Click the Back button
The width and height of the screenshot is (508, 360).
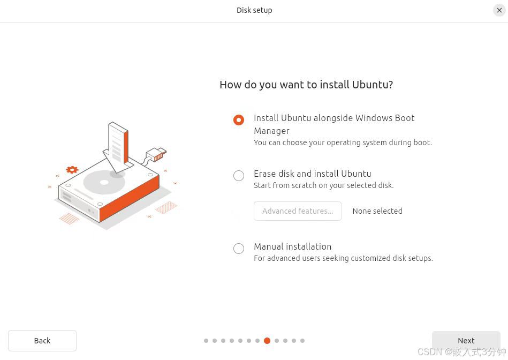42,341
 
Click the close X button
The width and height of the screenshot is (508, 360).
499,10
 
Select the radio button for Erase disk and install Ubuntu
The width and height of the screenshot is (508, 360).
239,176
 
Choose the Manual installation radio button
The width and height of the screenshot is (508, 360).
239,249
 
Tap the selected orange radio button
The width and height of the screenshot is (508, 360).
239,120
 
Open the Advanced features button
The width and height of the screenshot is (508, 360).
298,211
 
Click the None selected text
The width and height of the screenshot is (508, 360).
377,211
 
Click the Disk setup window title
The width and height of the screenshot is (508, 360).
254,10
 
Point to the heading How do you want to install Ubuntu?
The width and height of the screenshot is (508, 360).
306,85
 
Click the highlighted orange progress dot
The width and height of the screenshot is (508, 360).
267,341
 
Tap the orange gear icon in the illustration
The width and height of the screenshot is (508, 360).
72,170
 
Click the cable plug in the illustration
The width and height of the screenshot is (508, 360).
156,155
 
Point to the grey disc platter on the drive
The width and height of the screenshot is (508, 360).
104,183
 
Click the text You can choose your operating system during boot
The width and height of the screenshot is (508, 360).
343,142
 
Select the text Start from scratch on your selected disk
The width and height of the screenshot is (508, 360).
323,185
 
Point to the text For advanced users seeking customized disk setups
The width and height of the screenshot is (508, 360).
343,258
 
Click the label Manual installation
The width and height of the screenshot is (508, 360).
292,246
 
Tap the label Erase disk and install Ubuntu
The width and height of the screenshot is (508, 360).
312,174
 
